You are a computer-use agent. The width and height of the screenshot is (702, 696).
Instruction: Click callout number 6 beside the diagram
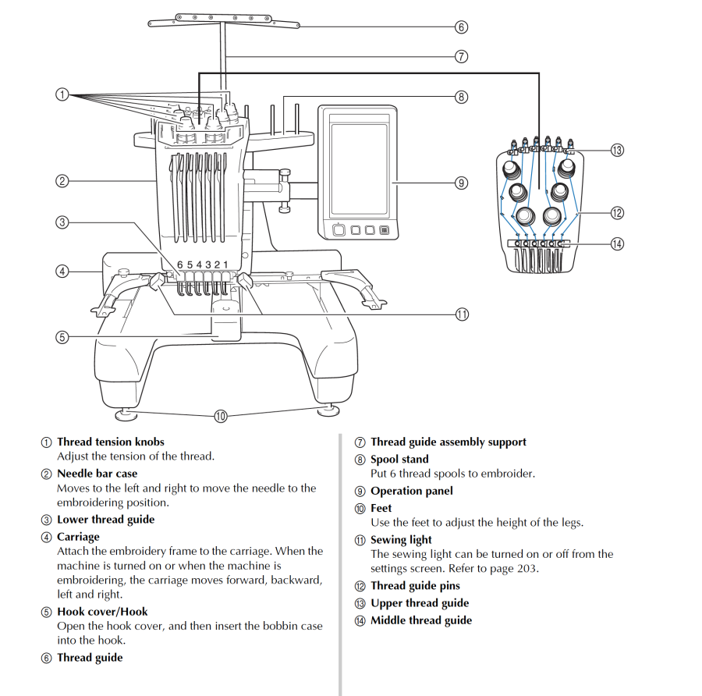coord(461,27)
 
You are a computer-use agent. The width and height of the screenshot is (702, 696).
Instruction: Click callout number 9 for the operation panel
coord(461,183)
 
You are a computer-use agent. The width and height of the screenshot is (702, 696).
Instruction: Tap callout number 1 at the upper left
coord(62,94)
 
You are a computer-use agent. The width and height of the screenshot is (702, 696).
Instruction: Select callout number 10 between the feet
coord(220,416)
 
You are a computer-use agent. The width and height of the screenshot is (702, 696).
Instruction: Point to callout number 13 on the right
coord(617,150)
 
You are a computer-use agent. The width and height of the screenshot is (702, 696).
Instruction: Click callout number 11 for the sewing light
coord(461,314)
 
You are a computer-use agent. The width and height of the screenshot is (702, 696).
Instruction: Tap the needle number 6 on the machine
coord(179,265)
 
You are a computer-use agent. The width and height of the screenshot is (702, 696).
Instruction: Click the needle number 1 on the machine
coord(226,265)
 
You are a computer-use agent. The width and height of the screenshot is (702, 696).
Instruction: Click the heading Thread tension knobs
coord(110,442)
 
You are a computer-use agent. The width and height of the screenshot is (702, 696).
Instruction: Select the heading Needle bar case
coord(97,474)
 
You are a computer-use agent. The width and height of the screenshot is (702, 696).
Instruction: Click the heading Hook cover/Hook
coord(102,612)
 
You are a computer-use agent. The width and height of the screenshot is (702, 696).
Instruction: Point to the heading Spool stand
coord(399,459)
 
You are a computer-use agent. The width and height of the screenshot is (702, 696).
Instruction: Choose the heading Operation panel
coord(411,491)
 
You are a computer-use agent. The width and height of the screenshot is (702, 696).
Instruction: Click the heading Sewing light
coord(401,539)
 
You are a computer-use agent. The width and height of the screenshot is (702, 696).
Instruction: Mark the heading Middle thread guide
coord(420,620)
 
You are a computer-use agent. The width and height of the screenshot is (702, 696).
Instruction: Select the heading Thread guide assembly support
coord(448,442)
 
